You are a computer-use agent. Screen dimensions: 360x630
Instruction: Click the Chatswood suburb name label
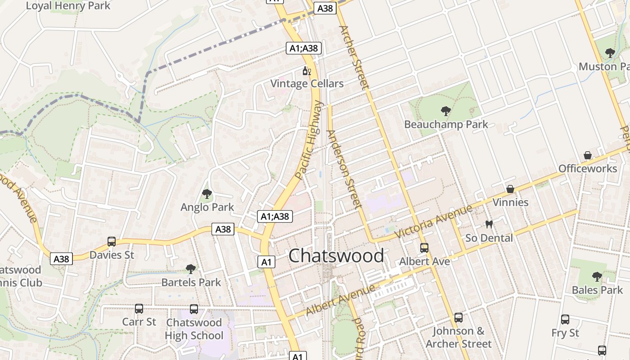point(336,256)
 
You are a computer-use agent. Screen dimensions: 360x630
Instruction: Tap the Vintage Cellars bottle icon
point(307,71)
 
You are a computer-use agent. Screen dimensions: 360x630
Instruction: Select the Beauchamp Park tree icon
point(446,111)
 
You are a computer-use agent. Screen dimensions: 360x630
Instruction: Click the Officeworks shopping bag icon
point(588,155)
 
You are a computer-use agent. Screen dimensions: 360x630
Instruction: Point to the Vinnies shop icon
point(510,189)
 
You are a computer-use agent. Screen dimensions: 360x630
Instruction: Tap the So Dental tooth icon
point(489,224)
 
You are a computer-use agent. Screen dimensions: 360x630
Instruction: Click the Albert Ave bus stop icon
point(424,247)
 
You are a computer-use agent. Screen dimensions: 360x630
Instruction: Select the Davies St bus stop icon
point(112,242)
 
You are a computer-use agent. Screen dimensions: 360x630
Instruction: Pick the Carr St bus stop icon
point(139,309)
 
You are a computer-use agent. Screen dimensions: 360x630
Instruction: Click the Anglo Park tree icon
point(207,194)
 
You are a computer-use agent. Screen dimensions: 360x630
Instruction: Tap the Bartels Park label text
point(191,283)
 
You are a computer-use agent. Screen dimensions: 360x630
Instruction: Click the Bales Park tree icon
point(597,276)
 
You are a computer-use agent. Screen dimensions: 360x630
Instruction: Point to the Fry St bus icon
point(565,319)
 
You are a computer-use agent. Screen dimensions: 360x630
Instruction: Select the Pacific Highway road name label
point(310,140)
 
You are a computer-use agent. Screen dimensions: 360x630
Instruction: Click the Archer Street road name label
point(354,57)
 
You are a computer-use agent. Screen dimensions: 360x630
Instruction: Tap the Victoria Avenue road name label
point(433,221)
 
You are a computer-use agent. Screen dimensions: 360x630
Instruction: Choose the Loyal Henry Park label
point(68,6)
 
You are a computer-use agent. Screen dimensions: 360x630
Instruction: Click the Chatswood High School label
point(194,329)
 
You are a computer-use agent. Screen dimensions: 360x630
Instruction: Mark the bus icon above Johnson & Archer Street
point(459,318)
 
